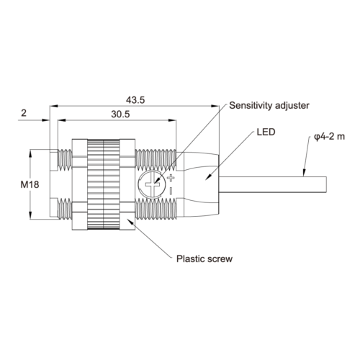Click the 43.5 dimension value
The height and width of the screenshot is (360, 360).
135,100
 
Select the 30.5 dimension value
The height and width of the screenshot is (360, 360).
120,114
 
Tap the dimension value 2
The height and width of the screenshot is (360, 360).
24,113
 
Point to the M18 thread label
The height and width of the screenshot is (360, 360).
30,184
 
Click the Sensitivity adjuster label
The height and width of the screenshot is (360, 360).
269,106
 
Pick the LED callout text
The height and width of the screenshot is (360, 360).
266,132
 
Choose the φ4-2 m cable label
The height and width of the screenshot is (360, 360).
330,137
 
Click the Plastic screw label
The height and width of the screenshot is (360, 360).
204,258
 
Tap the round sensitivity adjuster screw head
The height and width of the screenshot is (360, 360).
152,185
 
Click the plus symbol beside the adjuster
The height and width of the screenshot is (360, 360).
171,178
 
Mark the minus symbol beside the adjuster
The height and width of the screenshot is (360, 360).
171,192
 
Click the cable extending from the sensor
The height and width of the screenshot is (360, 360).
273,184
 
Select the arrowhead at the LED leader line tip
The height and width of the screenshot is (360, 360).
209,176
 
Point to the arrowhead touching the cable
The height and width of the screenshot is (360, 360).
304,173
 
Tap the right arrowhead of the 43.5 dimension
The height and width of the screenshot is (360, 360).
215,106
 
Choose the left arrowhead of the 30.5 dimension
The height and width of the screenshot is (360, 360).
62,120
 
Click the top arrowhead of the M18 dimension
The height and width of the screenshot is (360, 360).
30,154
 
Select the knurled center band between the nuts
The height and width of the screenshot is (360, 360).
104,184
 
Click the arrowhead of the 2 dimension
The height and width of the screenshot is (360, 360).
45,120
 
